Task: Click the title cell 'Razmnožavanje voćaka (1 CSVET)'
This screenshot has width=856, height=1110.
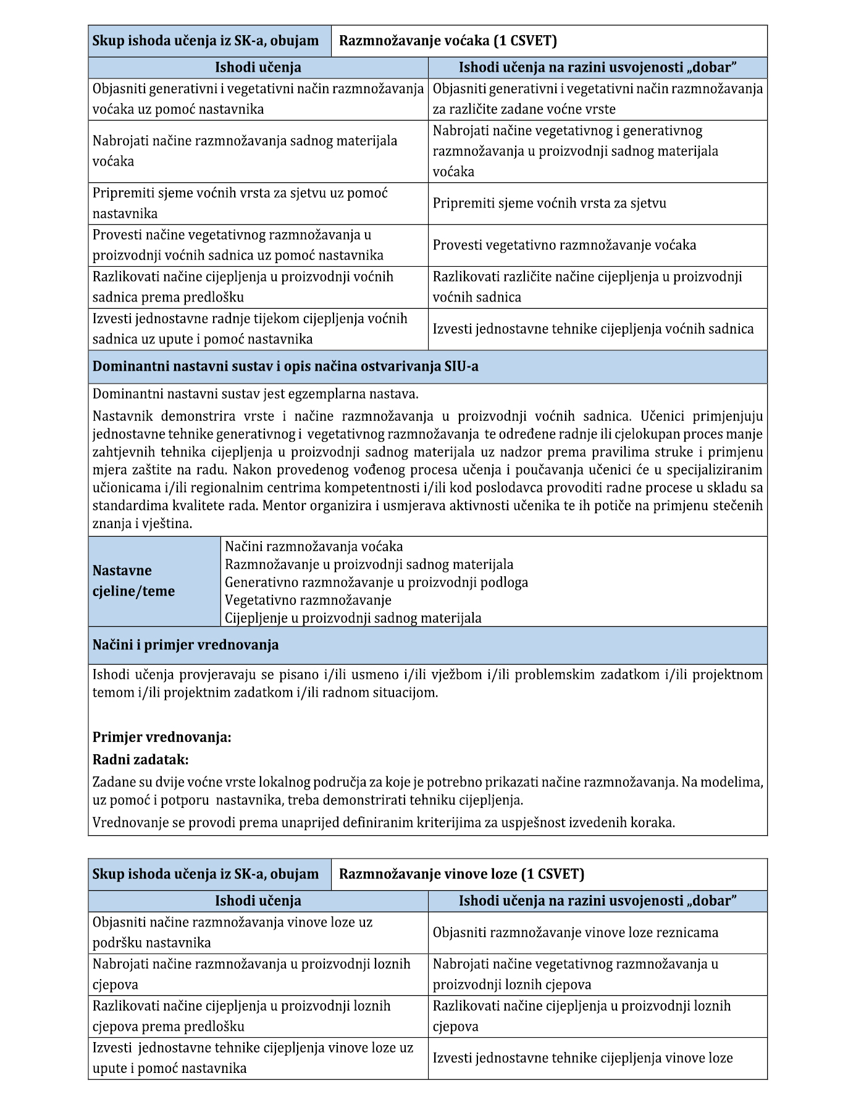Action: click(x=448, y=41)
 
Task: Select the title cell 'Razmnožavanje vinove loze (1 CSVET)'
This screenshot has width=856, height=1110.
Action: click(x=461, y=874)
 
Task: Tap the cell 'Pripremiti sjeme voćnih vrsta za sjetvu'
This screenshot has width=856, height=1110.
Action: click(x=549, y=203)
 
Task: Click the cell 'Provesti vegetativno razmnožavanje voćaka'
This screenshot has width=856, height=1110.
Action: click(x=564, y=245)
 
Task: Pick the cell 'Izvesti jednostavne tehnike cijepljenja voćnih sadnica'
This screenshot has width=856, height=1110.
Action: click(x=593, y=329)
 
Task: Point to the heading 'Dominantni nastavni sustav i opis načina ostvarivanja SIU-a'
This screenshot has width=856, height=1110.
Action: click(x=285, y=366)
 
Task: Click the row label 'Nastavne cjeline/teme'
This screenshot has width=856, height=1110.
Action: click(x=133, y=581)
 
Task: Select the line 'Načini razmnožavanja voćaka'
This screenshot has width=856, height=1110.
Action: click(x=314, y=547)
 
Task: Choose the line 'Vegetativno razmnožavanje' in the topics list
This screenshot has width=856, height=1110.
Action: click(x=308, y=600)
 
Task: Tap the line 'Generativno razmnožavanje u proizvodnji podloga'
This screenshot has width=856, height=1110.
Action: click(x=376, y=582)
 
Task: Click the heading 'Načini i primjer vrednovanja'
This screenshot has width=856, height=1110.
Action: click(x=185, y=645)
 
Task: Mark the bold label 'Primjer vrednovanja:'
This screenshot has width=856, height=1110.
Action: click(x=162, y=737)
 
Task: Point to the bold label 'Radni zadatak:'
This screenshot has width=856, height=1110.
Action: click(x=140, y=759)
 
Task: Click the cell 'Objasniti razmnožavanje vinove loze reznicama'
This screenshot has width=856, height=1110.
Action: click(x=575, y=933)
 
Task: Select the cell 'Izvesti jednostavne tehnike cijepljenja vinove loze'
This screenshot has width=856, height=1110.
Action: click(x=582, y=1058)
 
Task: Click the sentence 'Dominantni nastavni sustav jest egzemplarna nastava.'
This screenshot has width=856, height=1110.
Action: click(x=255, y=393)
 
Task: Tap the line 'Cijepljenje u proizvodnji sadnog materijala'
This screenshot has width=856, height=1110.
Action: click(x=353, y=618)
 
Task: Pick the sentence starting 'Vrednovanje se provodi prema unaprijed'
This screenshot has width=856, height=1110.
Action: click(x=384, y=822)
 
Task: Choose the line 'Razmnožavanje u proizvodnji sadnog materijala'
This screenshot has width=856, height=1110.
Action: click(x=369, y=565)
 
